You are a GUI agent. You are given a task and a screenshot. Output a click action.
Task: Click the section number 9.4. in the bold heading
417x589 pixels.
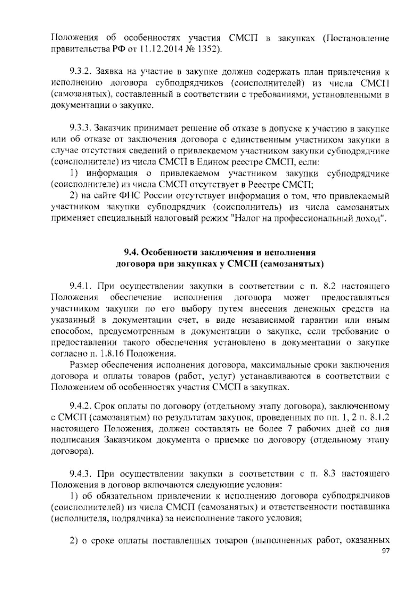[132, 252]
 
